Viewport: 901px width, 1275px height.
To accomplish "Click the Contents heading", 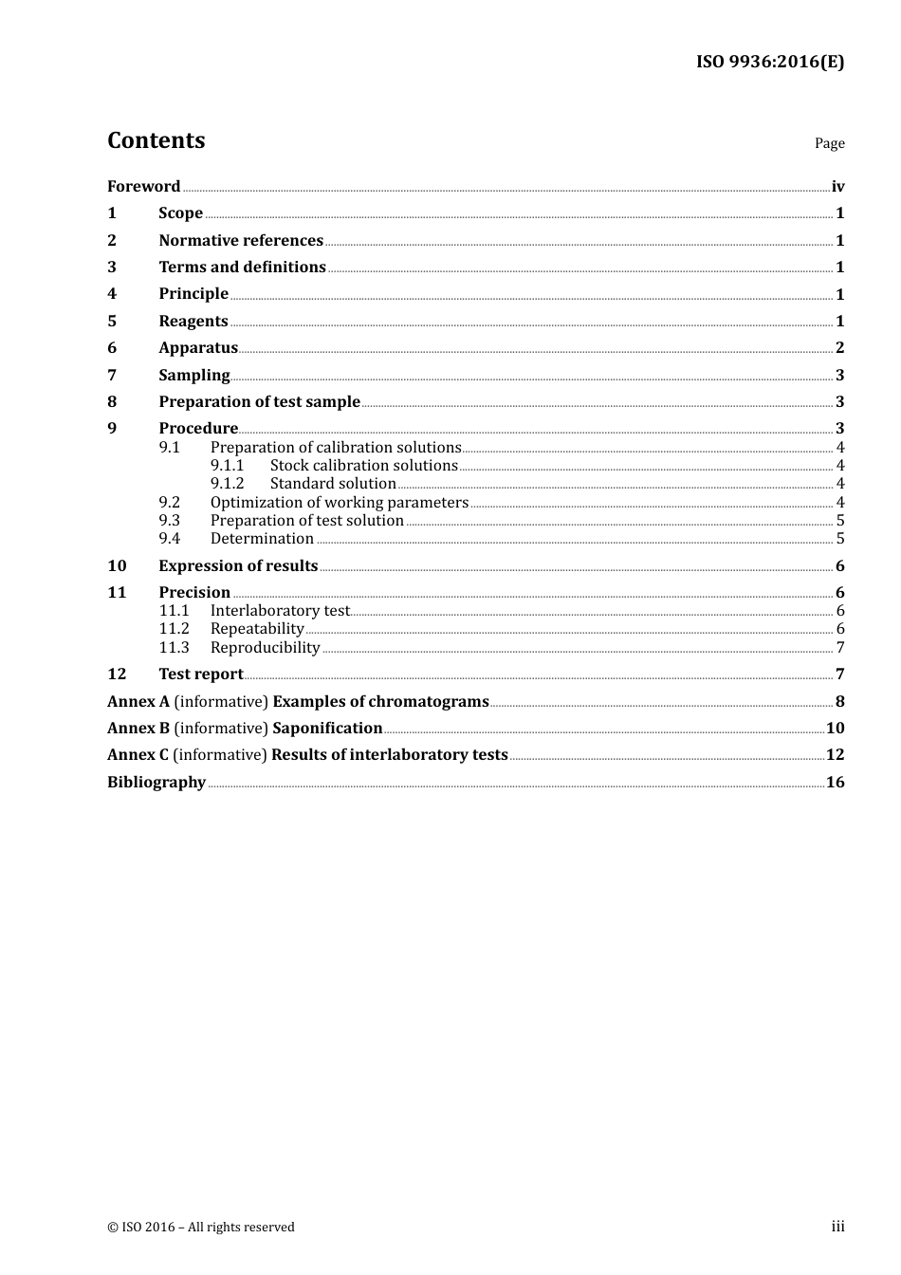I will pyautogui.click(x=156, y=140).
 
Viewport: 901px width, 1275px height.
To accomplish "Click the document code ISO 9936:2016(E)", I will pyautogui.click(x=769, y=63).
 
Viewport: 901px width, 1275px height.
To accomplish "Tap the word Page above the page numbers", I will pyautogui.click(x=829, y=143).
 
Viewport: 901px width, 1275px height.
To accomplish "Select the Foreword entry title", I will pyautogui.click(x=143, y=187).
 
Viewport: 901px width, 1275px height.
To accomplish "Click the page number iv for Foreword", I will pyautogui.click(x=837, y=187).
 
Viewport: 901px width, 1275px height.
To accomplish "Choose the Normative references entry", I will pyautogui.click(x=241, y=241).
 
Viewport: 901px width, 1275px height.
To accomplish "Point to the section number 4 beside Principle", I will pyautogui.click(x=112, y=294).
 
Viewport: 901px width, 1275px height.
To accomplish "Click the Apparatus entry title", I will pyautogui.click(x=198, y=348).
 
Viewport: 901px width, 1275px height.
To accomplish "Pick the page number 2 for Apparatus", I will pyautogui.click(x=839, y=348).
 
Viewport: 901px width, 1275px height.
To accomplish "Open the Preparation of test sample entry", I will pyautogui.click(x=259, y=402).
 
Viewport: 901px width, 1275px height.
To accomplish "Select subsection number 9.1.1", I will pyautogui.click(x=227, y=466).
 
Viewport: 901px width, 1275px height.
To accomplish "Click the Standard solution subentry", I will pyautogui.click(x=333, y=484).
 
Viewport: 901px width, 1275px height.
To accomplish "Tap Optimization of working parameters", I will pyautogui.click(x=339, y=503).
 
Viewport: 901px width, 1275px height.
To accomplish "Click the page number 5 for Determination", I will pyautogui.click(x=839, y=539).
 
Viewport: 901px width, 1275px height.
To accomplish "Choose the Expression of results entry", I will pyautogui.click(x=238, y=566).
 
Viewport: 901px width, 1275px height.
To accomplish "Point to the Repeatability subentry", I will pyautogui.click(x=257, y=629).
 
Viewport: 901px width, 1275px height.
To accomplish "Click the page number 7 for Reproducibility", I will pyautogui.click(x=839, y=648).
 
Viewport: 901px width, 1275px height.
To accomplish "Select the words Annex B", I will pyautogui.click(x=138, y=729).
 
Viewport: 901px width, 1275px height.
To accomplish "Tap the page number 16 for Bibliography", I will pyautogui.click(x=835, y=783).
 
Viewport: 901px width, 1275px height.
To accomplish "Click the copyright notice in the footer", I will pyautogui.click(x=201, y=1228).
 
